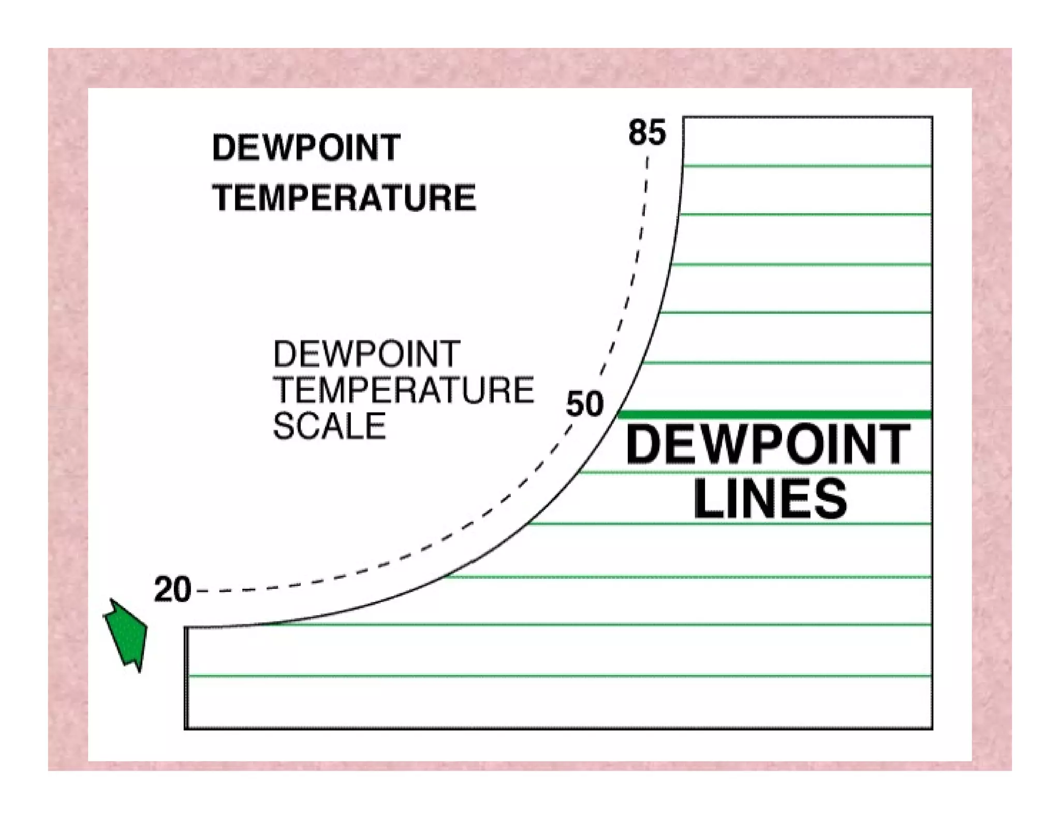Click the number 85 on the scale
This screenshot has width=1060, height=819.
pos(646,133)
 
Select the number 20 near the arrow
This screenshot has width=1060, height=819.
pos(172,590)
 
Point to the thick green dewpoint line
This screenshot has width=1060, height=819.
pos(776,415)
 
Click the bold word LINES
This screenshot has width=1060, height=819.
pos(770,499)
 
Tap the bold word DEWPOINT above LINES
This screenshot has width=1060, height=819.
pos(768,444)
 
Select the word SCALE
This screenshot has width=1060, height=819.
pos(329,426)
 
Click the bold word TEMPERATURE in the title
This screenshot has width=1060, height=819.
pos(344,198)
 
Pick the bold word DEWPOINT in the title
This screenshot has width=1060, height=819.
pos(306,148)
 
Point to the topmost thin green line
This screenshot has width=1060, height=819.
pos(807,166)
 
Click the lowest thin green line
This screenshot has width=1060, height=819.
pos(559,676)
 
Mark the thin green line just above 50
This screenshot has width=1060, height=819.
pos(787,363)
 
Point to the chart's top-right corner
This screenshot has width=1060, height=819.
pos(932,118)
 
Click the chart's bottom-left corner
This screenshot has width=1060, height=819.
pos(186,728)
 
